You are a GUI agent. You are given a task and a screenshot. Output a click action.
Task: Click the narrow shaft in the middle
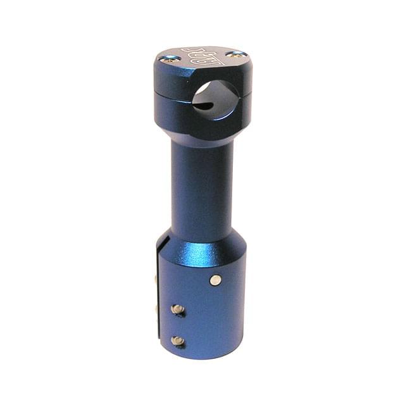pyautogui.click(x=201, y=184)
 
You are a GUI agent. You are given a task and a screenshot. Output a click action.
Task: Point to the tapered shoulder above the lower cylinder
pyautogui.click(x=202, y=244)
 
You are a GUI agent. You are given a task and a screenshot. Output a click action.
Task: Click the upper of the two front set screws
pyautogui.click(x=178, y=309)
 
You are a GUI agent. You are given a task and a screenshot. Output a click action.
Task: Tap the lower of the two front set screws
pyautogui.click(x=178, y=341)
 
